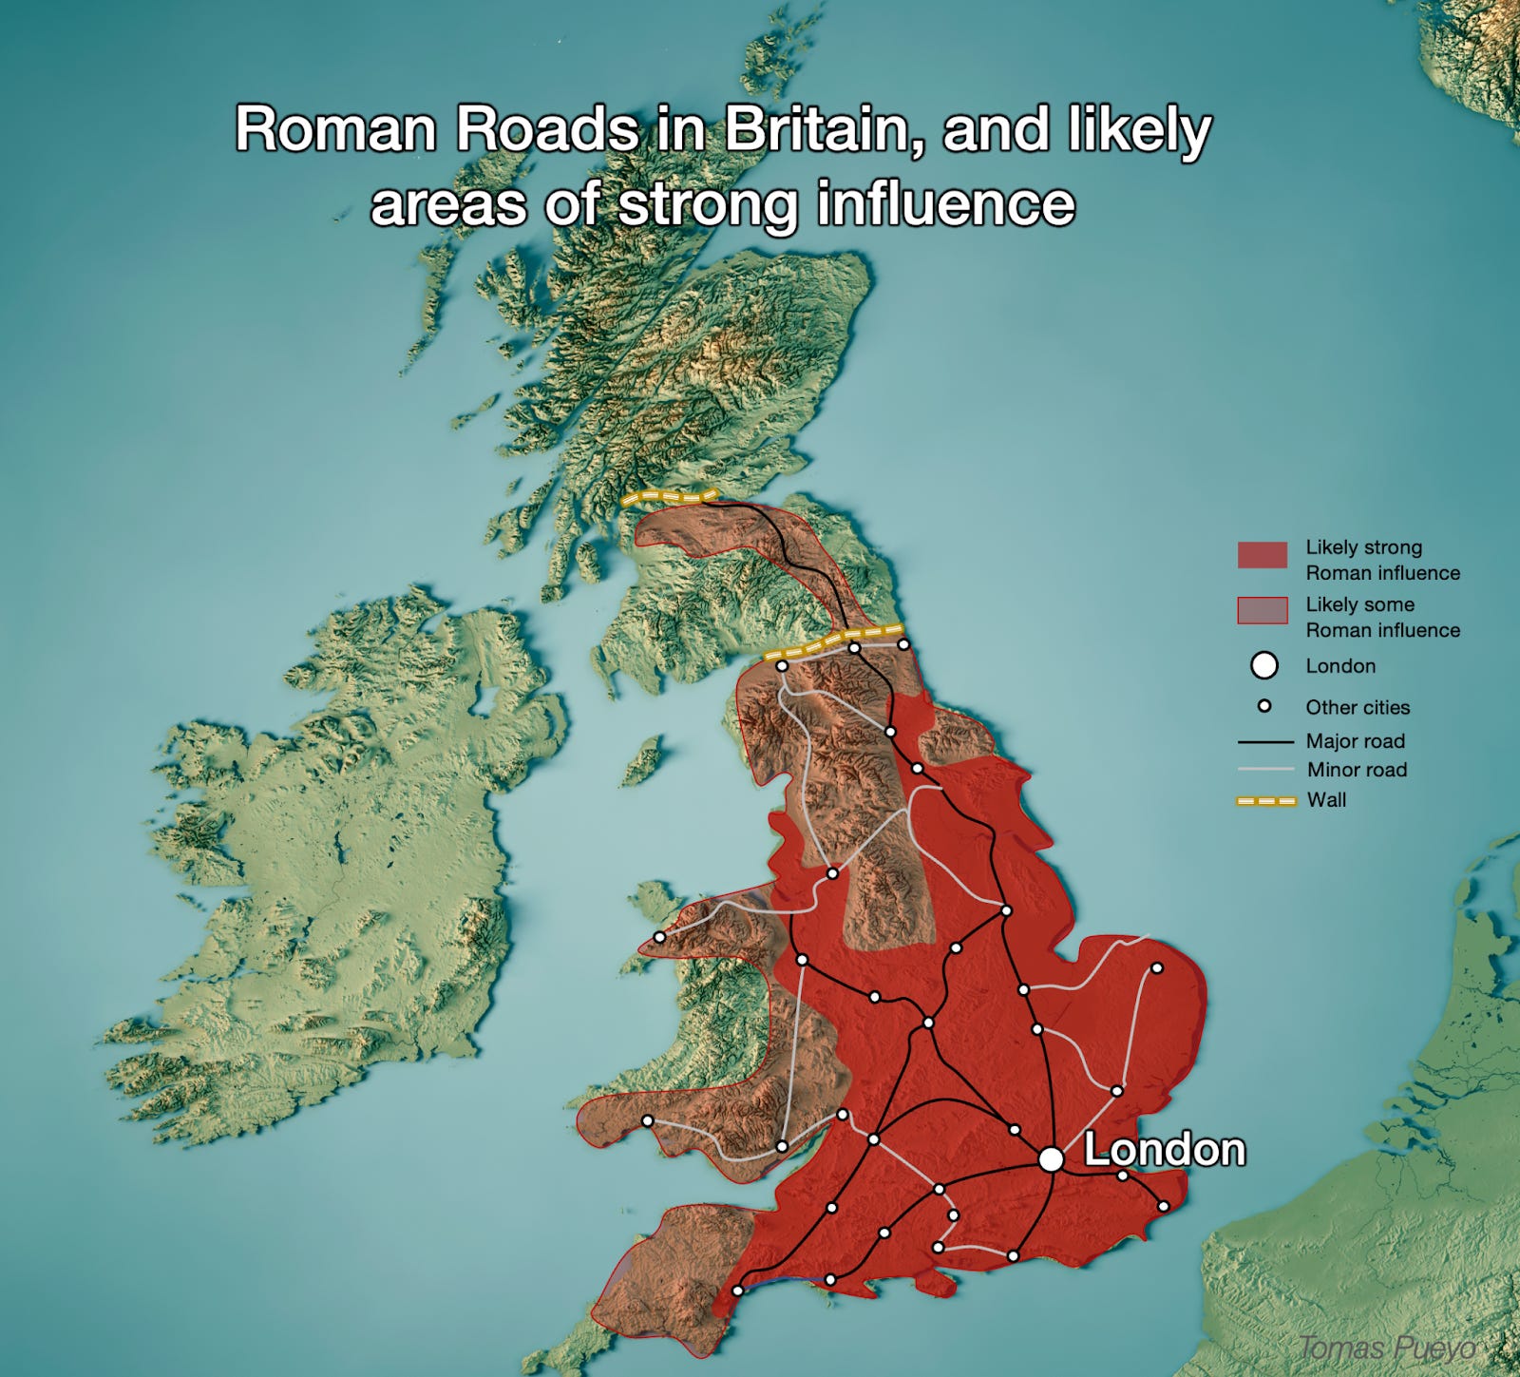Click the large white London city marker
coord(1050,1159)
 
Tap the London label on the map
coord(1165,1150)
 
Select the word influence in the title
coord(945,203)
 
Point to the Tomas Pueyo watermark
coord(1387,1348)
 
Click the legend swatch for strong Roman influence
coord(1262,555)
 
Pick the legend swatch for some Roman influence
coord(1262,610)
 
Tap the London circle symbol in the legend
coord(1263,665)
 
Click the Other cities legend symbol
coord(1263,706)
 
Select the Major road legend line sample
coord(1264,741)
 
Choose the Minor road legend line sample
coord(1264,770)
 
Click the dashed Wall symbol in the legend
coord(1264,801)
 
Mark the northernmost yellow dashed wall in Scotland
coord(668,497)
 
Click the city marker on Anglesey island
coord(659,937)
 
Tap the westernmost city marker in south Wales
coord(647,1120)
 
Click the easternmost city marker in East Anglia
coord(1157,968)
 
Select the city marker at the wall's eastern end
coord(903,644)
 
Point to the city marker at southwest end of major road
coord(737,1291)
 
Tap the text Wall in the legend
coord(1326,800)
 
